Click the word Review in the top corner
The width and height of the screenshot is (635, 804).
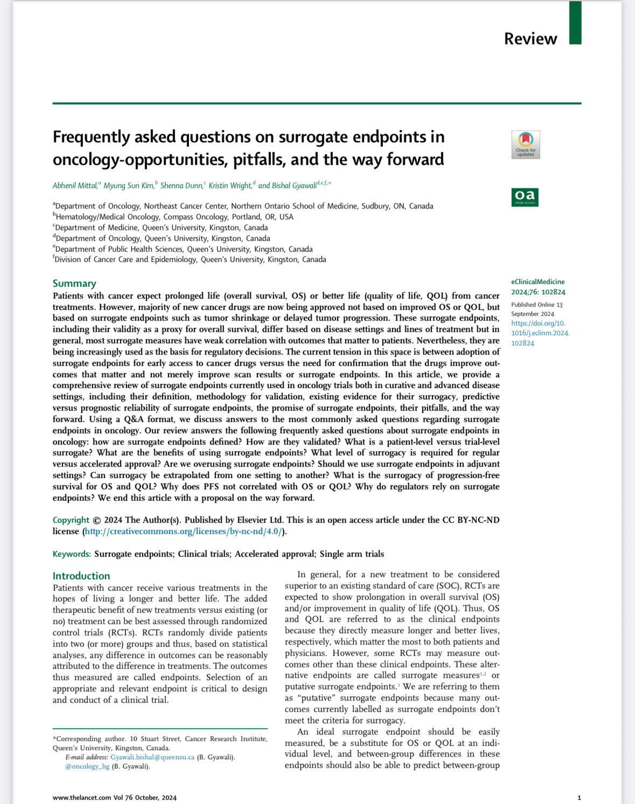[x=530, y=39]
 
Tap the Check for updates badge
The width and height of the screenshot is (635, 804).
[x=525, y=144]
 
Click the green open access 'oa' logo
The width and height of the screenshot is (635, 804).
[x=525, y=197]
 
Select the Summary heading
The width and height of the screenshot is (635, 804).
[x=74, y=283]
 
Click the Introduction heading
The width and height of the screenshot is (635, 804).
[x=81, y=576]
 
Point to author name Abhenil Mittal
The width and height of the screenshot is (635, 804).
[x=75, y=185]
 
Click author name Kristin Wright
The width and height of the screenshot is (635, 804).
[x=230, y=185]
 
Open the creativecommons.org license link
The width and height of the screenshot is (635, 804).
[x=184, y=531]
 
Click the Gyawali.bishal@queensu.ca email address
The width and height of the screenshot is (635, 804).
[x=152, y=757]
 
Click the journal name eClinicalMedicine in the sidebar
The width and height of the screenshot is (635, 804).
[x=538, y=282]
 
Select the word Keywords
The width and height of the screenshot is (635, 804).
[x=72, y=554]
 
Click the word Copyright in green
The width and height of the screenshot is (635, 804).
[x=71, y=520]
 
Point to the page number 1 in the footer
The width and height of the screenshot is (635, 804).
[x=579, y=798]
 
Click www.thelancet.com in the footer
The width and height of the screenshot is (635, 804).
[x=82, y=798]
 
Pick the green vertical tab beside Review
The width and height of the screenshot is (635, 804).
[x=575, y=23]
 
